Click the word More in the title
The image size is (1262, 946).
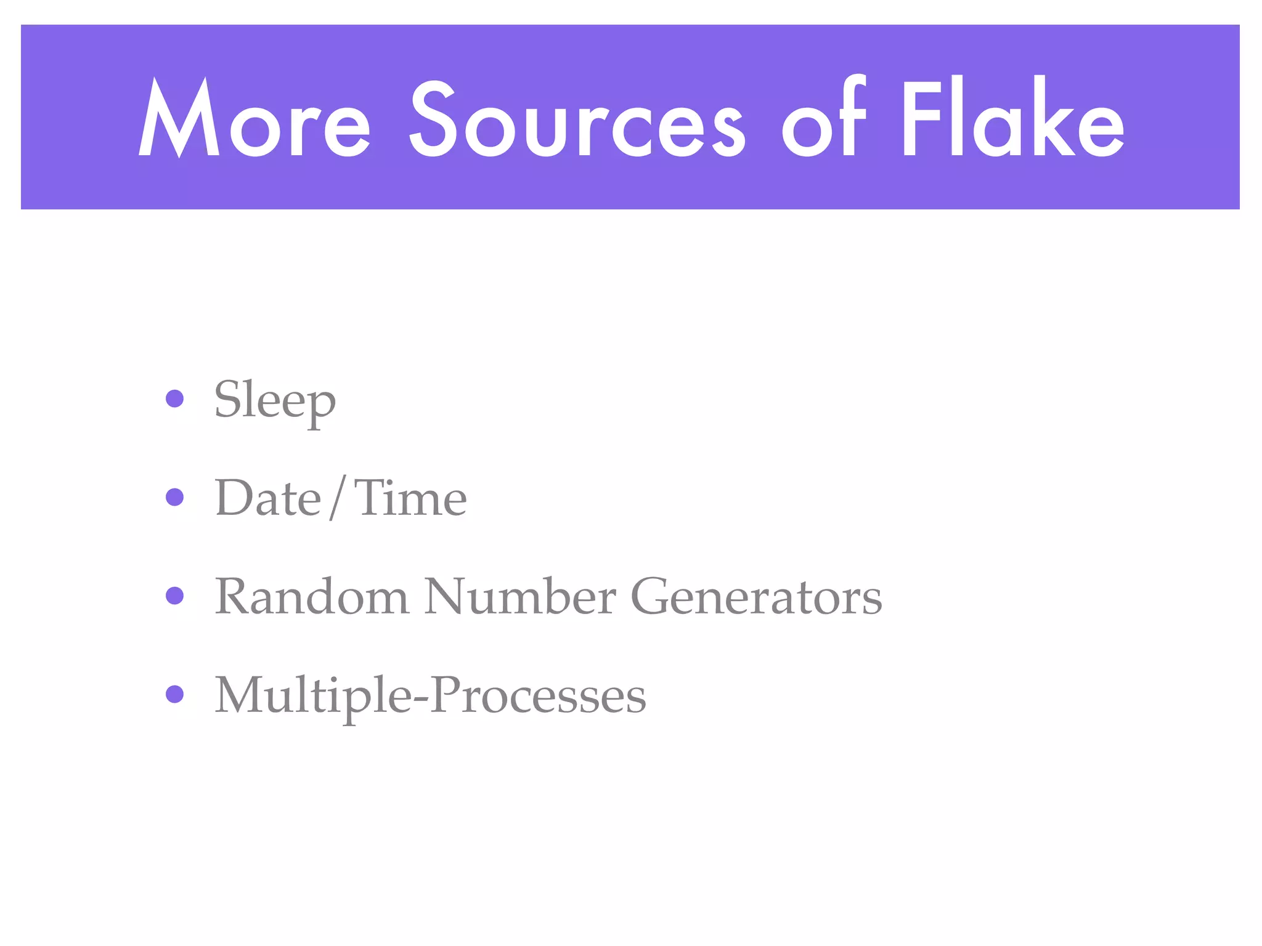tap(254, 119)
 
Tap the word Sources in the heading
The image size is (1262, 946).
tap(577, 119)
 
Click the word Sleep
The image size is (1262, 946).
tap(275, 400)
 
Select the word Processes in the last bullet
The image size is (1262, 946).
tap(538, 696)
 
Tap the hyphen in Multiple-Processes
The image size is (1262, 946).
tap(421, 699)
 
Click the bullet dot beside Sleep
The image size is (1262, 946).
tap(175, 398)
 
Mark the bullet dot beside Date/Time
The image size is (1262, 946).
tap(175, 497)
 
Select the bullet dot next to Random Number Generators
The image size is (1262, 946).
tap(175, 596)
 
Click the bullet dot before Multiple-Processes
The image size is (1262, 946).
tap(175, 694)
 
